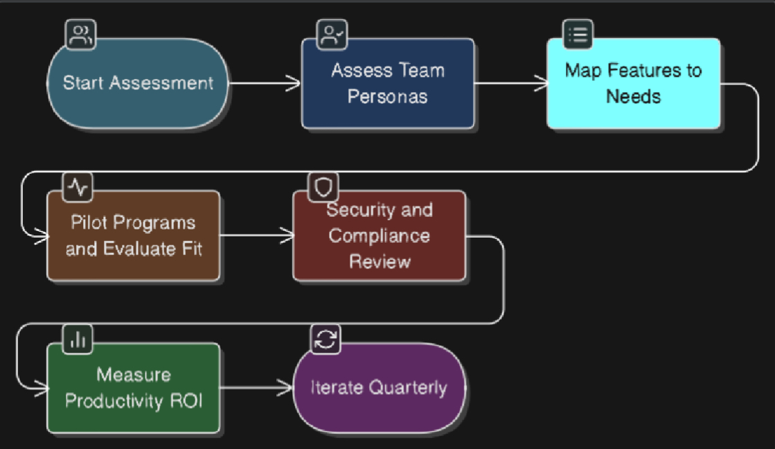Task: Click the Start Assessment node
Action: tap(138, 83)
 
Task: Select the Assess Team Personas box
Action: tap(388, 83)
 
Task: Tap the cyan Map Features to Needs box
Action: tap(633, 83)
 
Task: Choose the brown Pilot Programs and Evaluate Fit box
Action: tap(134, 236)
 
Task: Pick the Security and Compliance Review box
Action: tap(379, 236)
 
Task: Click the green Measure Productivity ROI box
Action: tap(134, 388)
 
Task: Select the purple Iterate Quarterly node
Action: tap(379, 388)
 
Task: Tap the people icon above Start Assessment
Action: tap(80, 35)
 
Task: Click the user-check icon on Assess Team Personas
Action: tap(332, 35)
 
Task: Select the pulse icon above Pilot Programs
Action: tap(78, 186)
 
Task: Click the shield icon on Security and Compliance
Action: tap(323, 186)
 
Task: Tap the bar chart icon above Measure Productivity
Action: tap(78, 339)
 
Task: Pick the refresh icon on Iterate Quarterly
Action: tap(325, 339)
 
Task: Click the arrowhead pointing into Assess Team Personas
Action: tap(294, 83)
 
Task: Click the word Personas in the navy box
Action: tap(387, 96)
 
